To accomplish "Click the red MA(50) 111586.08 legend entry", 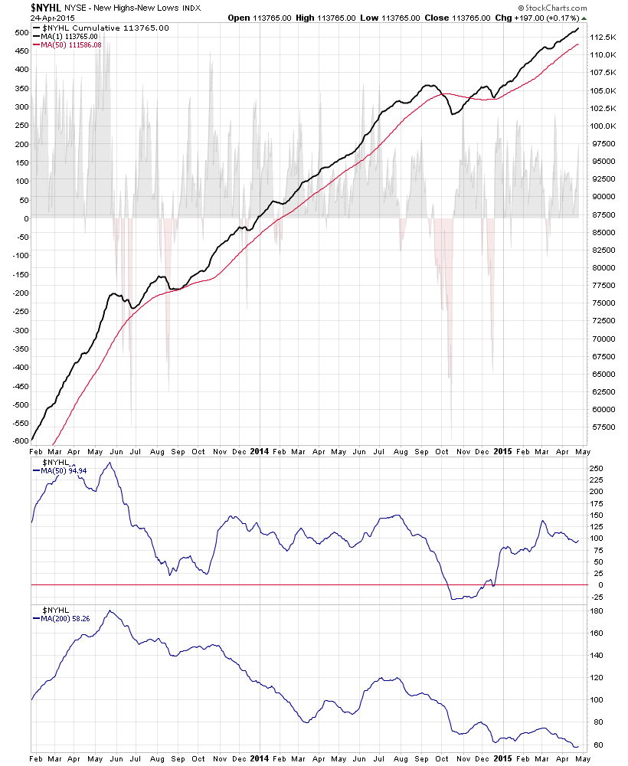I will (70, 44).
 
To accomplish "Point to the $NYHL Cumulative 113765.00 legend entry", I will (105, 28).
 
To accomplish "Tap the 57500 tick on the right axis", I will (604, 427).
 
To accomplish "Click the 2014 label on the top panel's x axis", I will (260, 451).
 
